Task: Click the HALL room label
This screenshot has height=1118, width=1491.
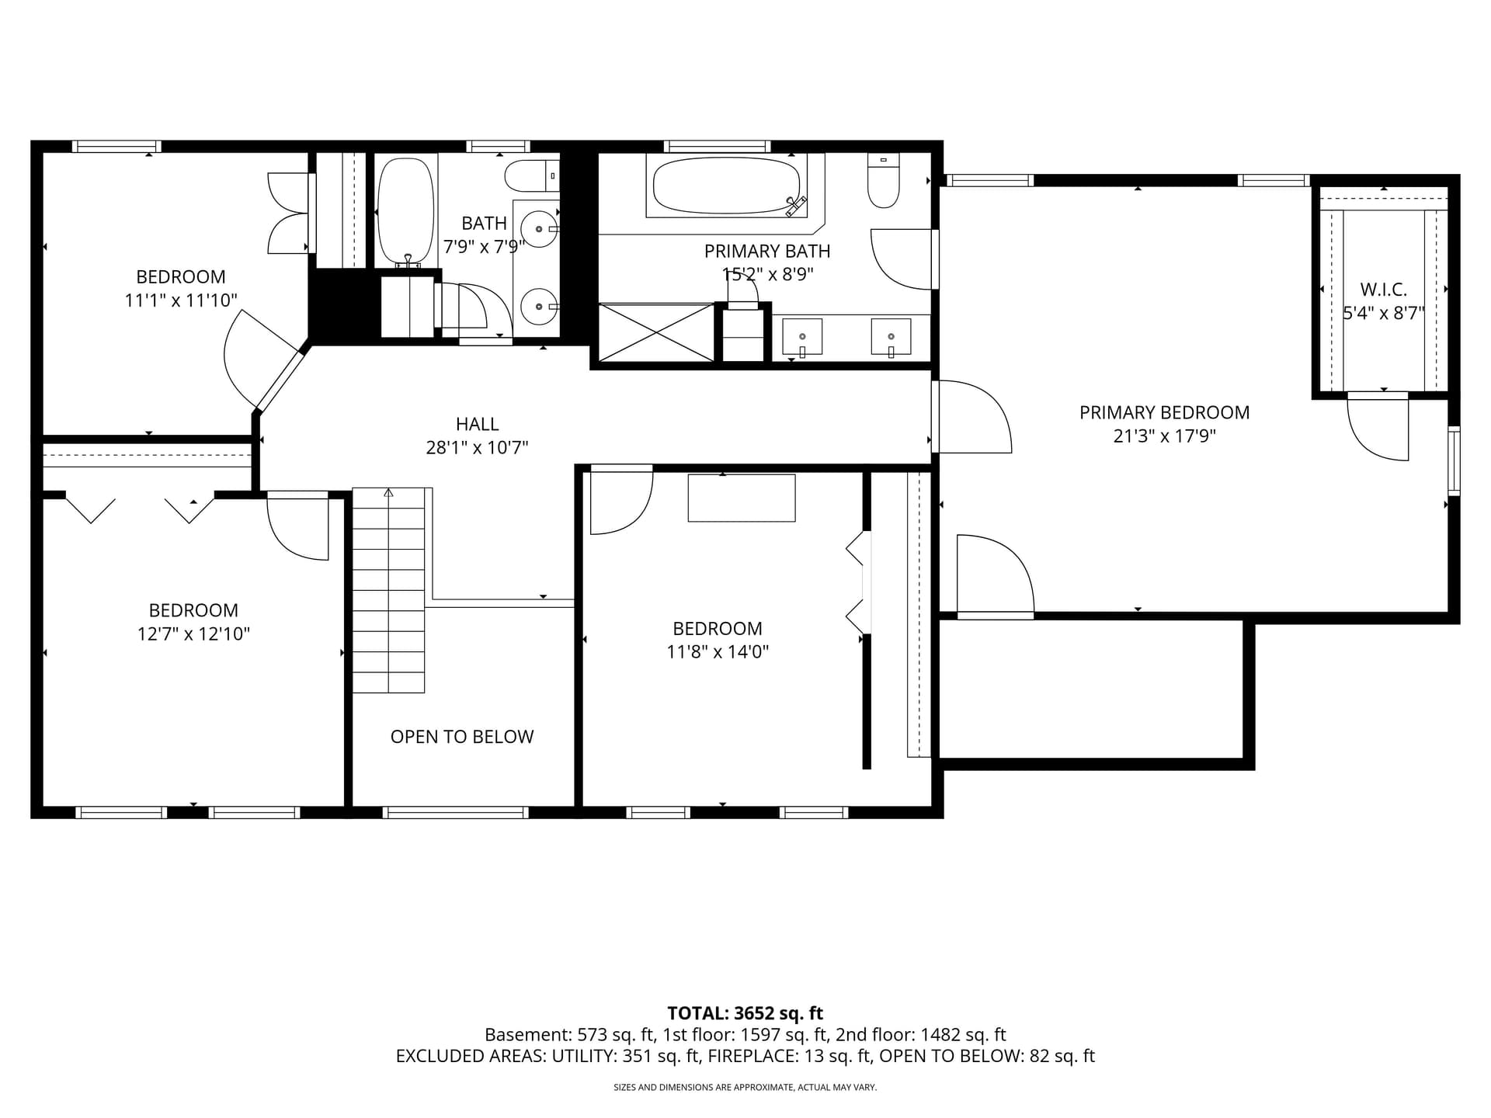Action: [477, 424]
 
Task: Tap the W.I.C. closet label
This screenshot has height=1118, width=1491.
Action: [1383, 290]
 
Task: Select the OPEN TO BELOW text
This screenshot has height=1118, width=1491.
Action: [462, 737]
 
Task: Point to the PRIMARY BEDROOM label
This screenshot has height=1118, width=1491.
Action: [1164, 412]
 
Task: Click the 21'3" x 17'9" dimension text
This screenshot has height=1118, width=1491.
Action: [1164, 436]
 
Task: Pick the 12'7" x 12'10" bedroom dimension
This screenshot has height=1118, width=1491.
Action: [193, 634]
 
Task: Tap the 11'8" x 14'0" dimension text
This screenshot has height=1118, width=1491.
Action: [718, 651]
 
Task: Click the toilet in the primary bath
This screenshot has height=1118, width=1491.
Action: [883, 181]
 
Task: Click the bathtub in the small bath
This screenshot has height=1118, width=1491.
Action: [405, 212]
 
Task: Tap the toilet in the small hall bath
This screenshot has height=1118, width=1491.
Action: [532, 176]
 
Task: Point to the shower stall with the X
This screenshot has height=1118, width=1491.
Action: [656, 333]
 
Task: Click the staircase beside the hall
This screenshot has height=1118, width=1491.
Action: [388, 590]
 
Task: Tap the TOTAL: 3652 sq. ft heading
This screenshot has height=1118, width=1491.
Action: [745, 1013]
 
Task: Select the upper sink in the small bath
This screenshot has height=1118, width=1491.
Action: [538, 230]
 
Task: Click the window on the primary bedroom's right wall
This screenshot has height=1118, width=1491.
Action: [1455, 460]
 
